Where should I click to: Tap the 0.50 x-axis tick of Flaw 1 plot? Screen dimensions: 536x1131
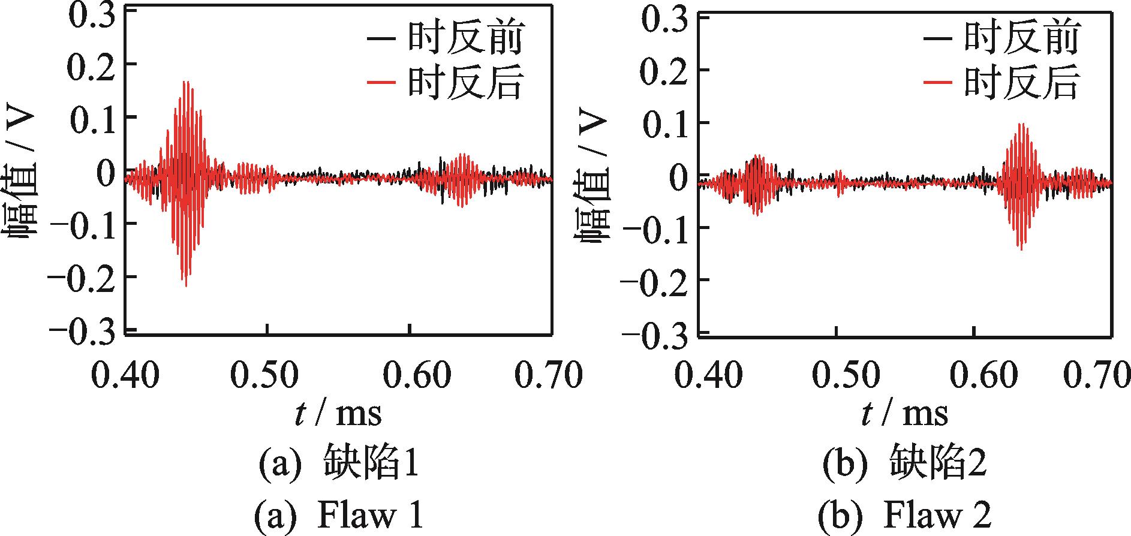click(264, 375)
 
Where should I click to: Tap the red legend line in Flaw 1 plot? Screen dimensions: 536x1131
click(380, 83)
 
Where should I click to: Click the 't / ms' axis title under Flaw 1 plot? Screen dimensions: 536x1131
click(338, 414)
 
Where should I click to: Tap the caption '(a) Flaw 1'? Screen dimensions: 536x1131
click(339, 516)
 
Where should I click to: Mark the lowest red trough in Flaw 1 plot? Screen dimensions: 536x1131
click(186, 285)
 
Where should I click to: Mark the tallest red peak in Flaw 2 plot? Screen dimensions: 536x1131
click(1021, 124)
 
